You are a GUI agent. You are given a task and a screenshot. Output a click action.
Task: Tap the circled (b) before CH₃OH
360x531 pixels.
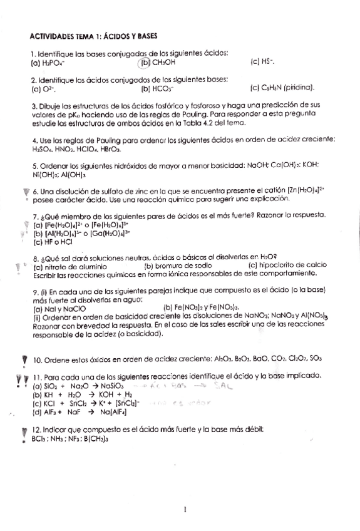[145, 63]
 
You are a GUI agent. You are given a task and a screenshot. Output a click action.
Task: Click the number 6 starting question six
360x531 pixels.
[35, 190]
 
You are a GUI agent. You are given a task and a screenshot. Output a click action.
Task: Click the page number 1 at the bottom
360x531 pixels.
[185, 510]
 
